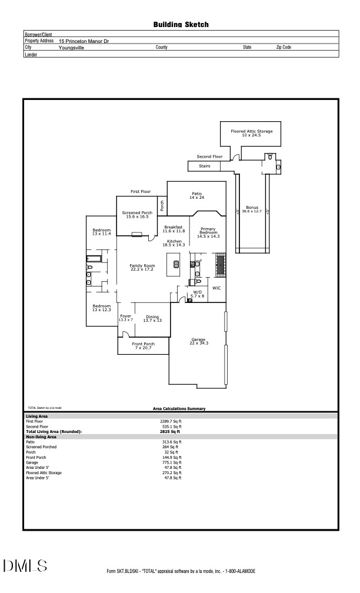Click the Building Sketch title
pos(181,25)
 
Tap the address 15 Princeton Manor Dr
pos(84,41)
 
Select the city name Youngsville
pos(71,48)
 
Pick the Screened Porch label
pos(137,214)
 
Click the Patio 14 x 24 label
pos(196,195)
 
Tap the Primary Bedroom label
pos(208,232)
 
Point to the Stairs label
pos(205,166)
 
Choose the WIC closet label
pos(216,288)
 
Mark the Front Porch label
pos(143,345)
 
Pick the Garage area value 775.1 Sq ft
pos(172,462)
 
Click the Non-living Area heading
pos(41,437)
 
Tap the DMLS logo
pos(25,566)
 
